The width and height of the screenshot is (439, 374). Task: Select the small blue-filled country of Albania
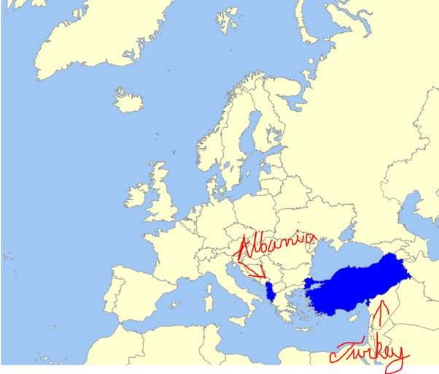click(x=272, y=291)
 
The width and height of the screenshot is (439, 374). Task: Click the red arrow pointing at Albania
click(x=255, y=272)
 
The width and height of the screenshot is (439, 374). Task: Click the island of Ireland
click(x=137, y=195)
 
